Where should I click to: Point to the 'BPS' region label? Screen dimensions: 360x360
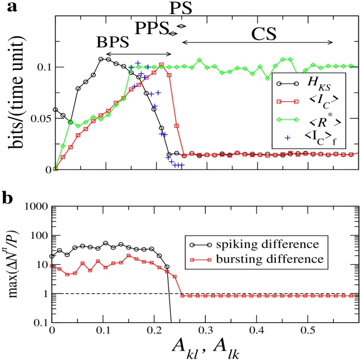tap(113, 42)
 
